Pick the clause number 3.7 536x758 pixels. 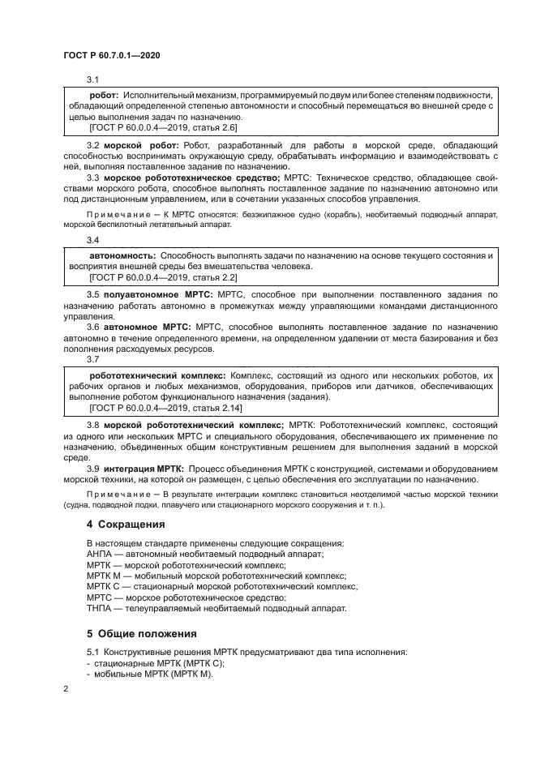point(92,359)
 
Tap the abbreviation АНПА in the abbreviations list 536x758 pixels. point(101,554)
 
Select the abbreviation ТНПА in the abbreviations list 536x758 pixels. point(101,608)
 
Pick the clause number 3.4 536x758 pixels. point(92,240)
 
